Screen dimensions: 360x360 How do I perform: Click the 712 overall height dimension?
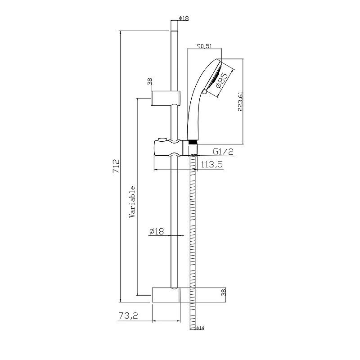[117, 166]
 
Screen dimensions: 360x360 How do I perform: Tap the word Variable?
[132, 202]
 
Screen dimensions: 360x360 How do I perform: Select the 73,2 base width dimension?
[128, 316]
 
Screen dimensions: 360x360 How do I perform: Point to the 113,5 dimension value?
[211, 164]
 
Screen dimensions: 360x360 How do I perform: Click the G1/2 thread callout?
[223, 152]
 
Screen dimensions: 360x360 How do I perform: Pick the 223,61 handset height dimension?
[240, 101]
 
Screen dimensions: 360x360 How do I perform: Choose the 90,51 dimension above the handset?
[204, 46]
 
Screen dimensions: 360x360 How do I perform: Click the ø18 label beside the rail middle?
[157, 231]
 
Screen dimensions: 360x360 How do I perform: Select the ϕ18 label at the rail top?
[184, 18]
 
